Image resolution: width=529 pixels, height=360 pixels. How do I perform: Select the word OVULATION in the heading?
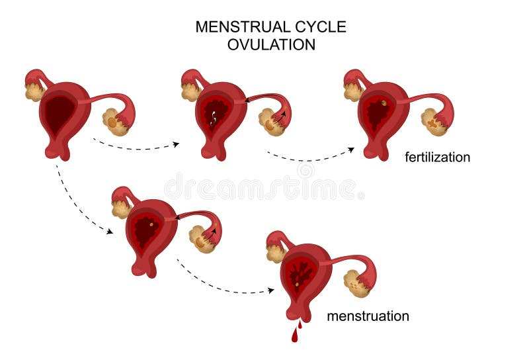point(271,45)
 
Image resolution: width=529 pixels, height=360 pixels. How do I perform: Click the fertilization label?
point(437,157)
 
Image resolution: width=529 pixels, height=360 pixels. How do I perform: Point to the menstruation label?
point(368,316)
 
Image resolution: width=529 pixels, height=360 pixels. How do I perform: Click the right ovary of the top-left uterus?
point(115,123)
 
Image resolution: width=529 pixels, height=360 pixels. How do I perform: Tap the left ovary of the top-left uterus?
point(34,91)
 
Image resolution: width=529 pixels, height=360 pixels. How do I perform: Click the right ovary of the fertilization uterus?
point(433,122)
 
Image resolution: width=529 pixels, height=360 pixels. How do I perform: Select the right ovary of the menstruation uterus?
point(357,283)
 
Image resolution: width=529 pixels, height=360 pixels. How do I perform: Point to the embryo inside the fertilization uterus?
point(384,103)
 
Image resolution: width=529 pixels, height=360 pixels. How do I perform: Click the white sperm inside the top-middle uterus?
point(213,120)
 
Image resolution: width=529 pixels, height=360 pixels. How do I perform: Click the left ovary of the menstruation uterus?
point(274,253)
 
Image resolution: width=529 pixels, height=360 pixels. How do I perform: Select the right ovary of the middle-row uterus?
point(202,240)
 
